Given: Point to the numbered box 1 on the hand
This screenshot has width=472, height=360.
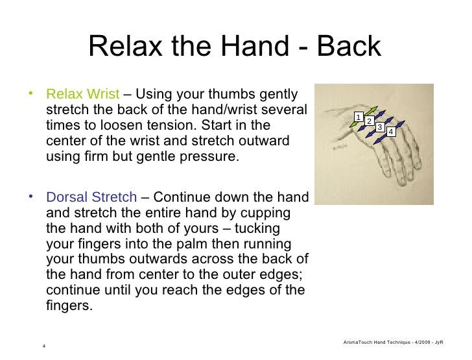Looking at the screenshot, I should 357,116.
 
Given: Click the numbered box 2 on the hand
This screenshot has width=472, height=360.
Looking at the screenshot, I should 368,122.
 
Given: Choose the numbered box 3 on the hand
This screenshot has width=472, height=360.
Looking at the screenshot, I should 379,126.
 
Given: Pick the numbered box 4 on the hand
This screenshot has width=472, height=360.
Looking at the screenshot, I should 390,132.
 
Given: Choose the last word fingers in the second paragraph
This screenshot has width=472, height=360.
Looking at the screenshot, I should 69,304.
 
